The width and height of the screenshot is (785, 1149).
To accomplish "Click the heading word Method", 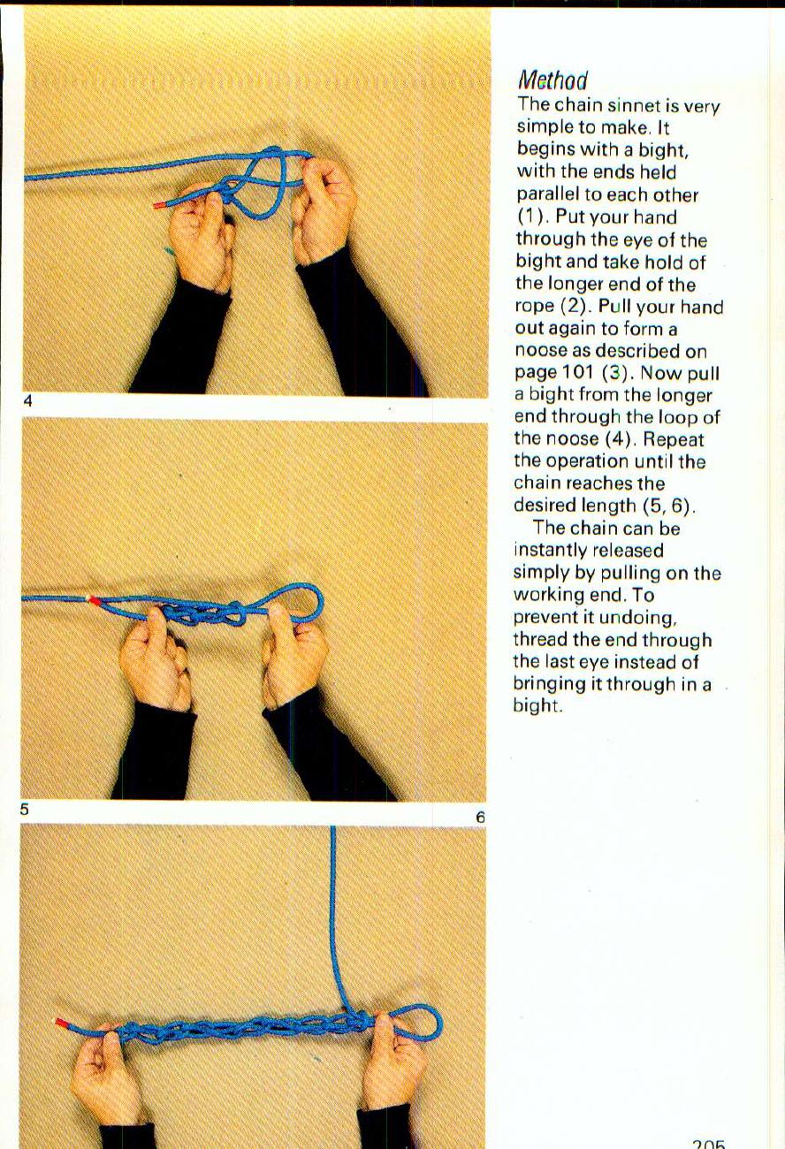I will [553, 80].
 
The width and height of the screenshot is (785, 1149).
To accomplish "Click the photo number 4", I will [27, 401].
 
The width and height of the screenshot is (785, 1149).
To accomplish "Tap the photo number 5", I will [26, 808].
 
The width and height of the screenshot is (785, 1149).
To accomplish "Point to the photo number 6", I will [480, 818].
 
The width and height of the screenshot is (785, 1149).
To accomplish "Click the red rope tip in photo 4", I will [159, 205].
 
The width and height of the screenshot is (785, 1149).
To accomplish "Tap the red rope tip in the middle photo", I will [94, 600].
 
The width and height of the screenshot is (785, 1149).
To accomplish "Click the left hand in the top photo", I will [199, 234].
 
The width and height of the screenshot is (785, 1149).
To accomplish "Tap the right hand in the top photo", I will [323, 208].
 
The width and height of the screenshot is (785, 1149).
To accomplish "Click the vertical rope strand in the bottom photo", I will [334, 910].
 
